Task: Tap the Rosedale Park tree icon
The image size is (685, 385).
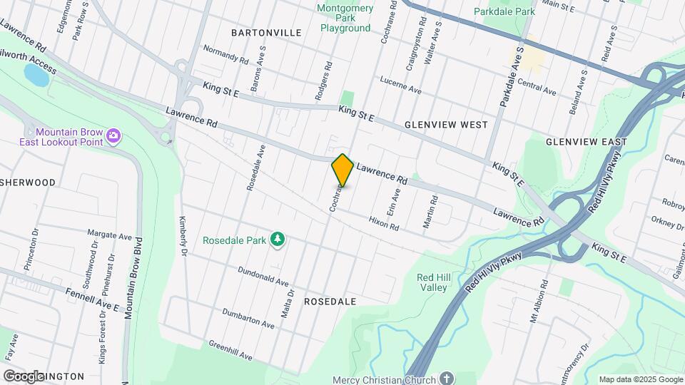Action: (x=277, y=240)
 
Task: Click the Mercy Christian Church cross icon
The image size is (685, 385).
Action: (x=446, y=379)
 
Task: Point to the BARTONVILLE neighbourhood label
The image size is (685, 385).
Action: (x=266, y=33)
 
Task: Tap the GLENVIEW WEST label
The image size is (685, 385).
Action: (x=446, y=124)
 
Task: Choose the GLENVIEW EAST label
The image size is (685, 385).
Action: (x=586, y=142)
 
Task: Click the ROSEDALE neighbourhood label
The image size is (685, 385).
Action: (x=330, y=302)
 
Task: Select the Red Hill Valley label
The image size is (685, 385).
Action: (x=432, y=282)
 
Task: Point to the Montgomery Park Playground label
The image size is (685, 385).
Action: (x=345, y=18)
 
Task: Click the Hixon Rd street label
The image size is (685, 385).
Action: (x=383, y=223)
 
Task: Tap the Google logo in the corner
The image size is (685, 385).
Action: (x=23, y=376)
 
